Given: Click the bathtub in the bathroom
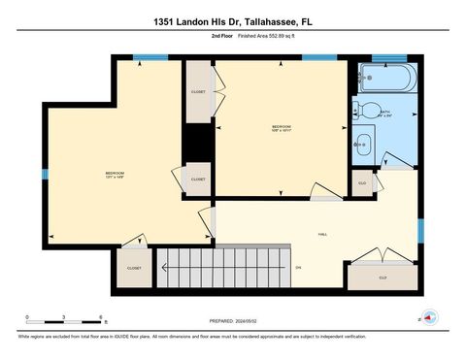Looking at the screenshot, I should point(389,76).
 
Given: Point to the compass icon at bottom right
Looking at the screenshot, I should point(429,316).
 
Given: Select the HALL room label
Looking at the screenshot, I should point(322,234).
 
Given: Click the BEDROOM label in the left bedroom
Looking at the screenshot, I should point(115,174).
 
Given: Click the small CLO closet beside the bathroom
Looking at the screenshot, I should point(362,182).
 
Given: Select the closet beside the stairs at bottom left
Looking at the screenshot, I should point(134,267).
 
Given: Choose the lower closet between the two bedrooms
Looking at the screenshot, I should point(198,180).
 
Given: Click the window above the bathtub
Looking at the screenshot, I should point(389,58).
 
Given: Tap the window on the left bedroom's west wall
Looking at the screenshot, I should point(45,175).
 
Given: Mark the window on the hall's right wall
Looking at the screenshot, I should point(420,230).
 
